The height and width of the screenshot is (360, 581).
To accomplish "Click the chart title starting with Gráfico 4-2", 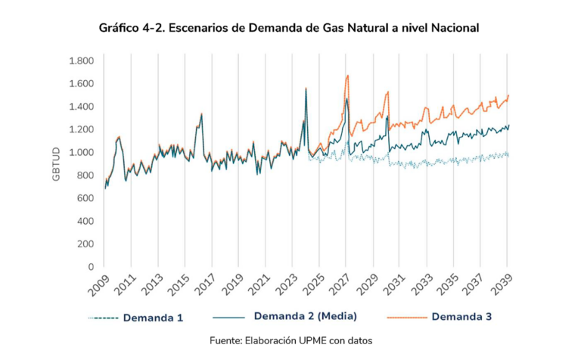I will click(289, 28).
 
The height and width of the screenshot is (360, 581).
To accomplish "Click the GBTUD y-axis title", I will click(56, 163).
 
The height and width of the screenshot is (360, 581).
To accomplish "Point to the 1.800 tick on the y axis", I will click(80, 61).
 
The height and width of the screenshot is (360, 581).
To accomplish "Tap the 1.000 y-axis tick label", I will click(80, 152).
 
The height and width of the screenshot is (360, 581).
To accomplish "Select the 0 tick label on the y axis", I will click(90, 267).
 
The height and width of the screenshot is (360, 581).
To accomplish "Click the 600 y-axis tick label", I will click(84, 198).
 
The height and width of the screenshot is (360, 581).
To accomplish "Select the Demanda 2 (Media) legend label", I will click(305, 315).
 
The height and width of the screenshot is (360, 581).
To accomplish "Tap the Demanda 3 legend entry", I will click(461, 317).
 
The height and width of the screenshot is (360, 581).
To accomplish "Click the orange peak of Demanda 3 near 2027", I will click(347, 76).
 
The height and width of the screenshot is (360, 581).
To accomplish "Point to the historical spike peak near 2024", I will click(306, 88).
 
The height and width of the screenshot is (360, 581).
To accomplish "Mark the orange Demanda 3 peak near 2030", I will click(387, 92).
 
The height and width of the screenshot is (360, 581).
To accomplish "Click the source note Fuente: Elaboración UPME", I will click(290, 341).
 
